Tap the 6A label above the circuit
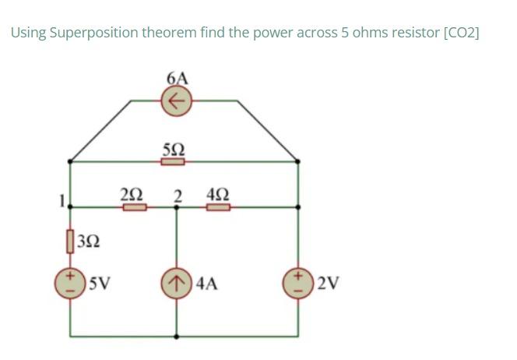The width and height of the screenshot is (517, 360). [x=177, y=78]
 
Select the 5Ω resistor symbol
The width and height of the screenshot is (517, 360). [x=173, y=162]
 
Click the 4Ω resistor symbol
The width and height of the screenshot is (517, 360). [x=219, y=207]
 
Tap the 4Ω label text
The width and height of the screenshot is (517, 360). [x=218, y=192]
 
